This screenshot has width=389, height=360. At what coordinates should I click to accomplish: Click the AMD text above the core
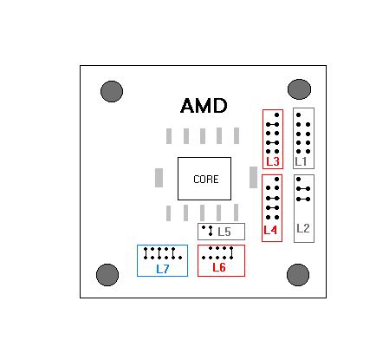click(204, 106)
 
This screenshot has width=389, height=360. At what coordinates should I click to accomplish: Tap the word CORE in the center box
click(205, 180)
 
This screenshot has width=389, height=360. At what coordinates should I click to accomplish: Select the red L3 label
click(273, 161)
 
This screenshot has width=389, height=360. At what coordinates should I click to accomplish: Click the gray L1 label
click(301, 161)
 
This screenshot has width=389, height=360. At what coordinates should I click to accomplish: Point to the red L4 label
click(270, 230)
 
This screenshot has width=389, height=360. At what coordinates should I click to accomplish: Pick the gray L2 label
click(303, 228)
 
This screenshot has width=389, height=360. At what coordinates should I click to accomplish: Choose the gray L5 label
click(224, 232)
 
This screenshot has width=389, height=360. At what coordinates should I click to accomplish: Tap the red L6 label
click(219, 267)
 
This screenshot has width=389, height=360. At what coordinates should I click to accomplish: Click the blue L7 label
click(162, 269)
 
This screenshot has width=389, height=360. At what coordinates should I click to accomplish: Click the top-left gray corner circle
click(112, 91)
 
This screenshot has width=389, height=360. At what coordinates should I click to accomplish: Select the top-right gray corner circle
click(299, 89)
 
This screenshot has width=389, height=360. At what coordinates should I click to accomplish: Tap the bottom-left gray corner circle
click(107, 275)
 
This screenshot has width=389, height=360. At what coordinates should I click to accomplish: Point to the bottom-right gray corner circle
click(298, 275)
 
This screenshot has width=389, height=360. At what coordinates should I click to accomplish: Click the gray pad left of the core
click(159, 178)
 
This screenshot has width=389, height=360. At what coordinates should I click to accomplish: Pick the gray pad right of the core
click(253, 177)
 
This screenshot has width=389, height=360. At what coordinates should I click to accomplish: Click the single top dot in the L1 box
click(299, 115)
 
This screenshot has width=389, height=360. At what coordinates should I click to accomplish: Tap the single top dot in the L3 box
click(276, 115)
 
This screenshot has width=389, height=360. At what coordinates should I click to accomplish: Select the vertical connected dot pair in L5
click(211, 231)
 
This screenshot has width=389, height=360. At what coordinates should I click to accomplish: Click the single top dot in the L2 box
click(299, 180)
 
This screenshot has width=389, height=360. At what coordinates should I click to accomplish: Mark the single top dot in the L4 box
click(276, 180)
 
